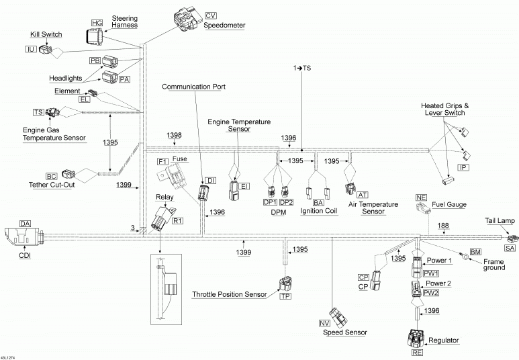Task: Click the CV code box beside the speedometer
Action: (x=211, y=15)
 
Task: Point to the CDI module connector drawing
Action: (x=23, y=236)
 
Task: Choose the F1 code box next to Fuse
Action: (x=162, y=162)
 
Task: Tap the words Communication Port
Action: (x=193, y=87)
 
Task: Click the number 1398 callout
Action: (x=174, y=135)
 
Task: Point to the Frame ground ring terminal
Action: (x=463, y=255)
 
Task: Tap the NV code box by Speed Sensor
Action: (x=324, y=324)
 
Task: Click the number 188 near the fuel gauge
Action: (x=443, y=226)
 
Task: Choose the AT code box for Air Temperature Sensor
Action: (x=363, y=194)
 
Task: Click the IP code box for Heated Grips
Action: (x=463, y=167)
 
